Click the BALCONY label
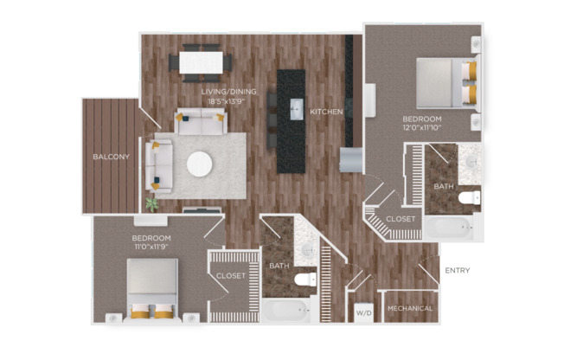tap(111, 157)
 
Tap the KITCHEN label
tap(326, 112)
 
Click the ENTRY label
tap(458, 270)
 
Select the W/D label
tap(364, 313)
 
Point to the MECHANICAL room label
tap(410, 309)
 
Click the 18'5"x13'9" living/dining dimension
tap(227, 101)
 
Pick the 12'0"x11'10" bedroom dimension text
tap(422, 127)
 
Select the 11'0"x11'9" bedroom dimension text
tap(151, 247)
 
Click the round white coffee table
tap(199, 164)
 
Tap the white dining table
tap(201, 63)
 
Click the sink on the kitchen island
tap(298, 109)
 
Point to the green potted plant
tap(152, 204)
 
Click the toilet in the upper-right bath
tap(470, 197)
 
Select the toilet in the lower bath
tap(305, 279)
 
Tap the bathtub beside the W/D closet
tap(286, 310)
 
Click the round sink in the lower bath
tap(307, 248)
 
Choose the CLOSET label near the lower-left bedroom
tap(231, 276)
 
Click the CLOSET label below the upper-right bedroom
tap(401, 219)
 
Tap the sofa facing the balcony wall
tap(159, 165)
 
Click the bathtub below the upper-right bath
tap(451, 228)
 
